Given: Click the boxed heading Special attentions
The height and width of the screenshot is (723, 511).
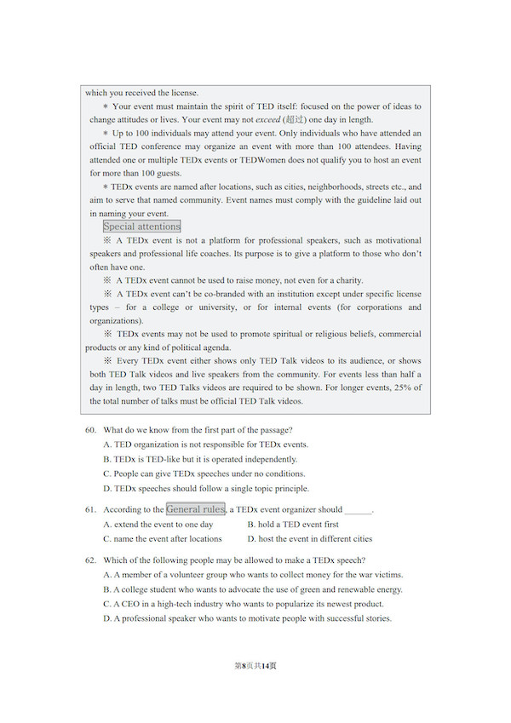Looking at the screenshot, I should coord(141,227).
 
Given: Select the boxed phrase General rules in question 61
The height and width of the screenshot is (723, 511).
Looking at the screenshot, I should coord(196,509).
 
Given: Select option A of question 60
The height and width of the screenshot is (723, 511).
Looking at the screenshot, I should coord(205,445).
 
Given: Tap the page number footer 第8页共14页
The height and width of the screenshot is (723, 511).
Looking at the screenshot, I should coord(255,665).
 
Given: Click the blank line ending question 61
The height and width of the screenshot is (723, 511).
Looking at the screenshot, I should coord(359,510).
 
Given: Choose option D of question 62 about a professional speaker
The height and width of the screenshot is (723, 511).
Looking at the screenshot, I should coord(247,618).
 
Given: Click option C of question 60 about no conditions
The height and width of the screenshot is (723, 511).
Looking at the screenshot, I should coord(204,473).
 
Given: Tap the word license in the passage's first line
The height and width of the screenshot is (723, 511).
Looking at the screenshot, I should coord(185,93).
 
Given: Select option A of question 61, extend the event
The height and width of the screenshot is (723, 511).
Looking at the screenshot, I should coord(158,525).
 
